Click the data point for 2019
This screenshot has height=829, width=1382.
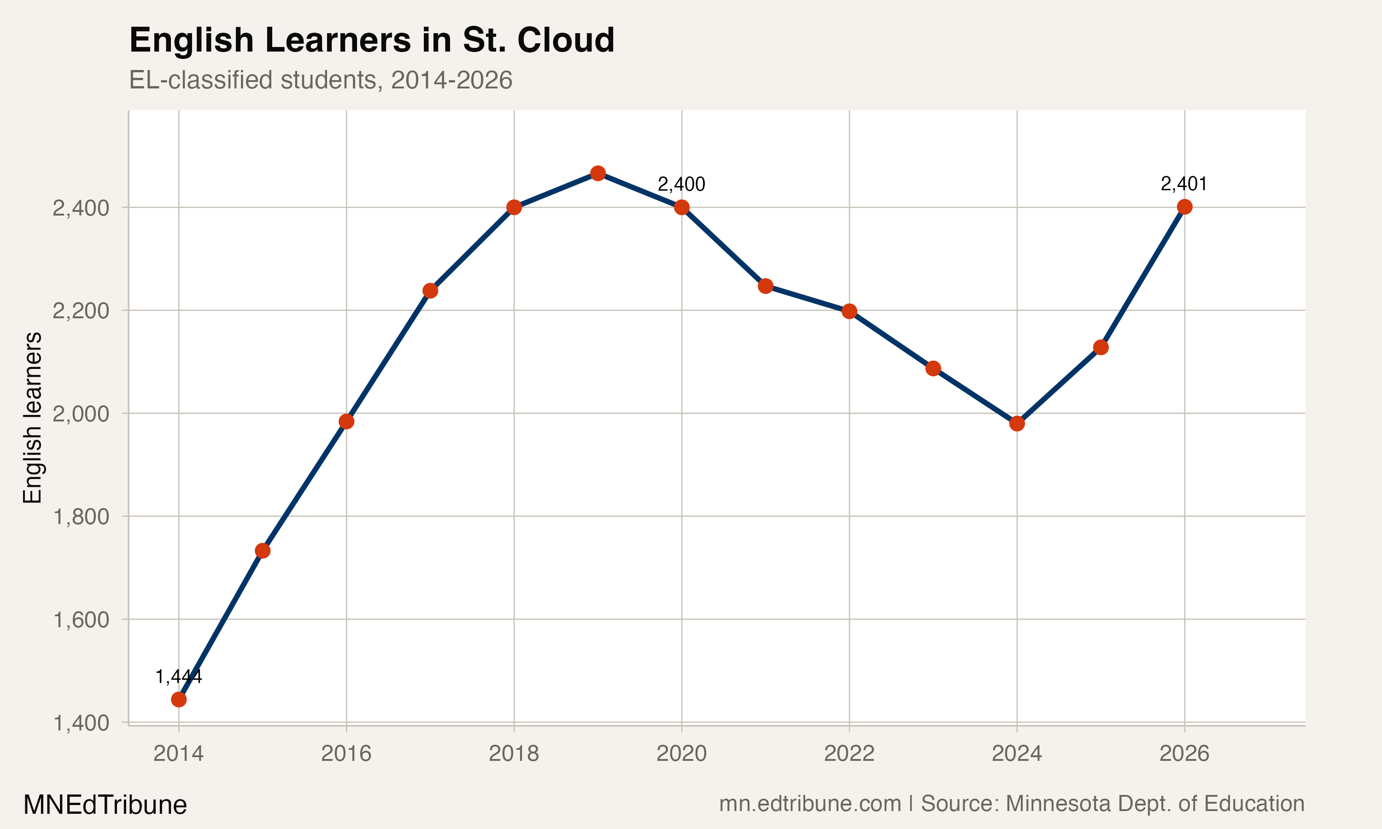coord(597,173)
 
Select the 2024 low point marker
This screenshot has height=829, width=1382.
coord(1017,423)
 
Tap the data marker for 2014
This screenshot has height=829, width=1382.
coord(179,700)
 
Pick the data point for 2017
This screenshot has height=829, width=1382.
coord(430,291)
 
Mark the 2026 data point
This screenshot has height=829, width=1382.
coord(1184,207)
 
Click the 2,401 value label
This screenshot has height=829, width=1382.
coord(1184,184)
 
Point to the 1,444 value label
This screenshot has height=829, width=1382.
coord(178,677)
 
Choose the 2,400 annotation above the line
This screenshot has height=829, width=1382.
coord(681,184)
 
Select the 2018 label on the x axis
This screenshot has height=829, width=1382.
coord(514,753)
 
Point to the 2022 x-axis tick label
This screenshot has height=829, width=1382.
coord(849,753)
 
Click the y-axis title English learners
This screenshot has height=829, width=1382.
coord(32,417)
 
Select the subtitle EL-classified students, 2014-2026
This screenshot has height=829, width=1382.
coord(321,80)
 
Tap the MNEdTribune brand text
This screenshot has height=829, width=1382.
coord(105,805)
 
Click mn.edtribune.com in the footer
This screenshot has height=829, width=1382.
coord(810,804)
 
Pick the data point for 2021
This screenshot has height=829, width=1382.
coord(765,286)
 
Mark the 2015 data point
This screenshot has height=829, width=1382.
coord(263,551)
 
